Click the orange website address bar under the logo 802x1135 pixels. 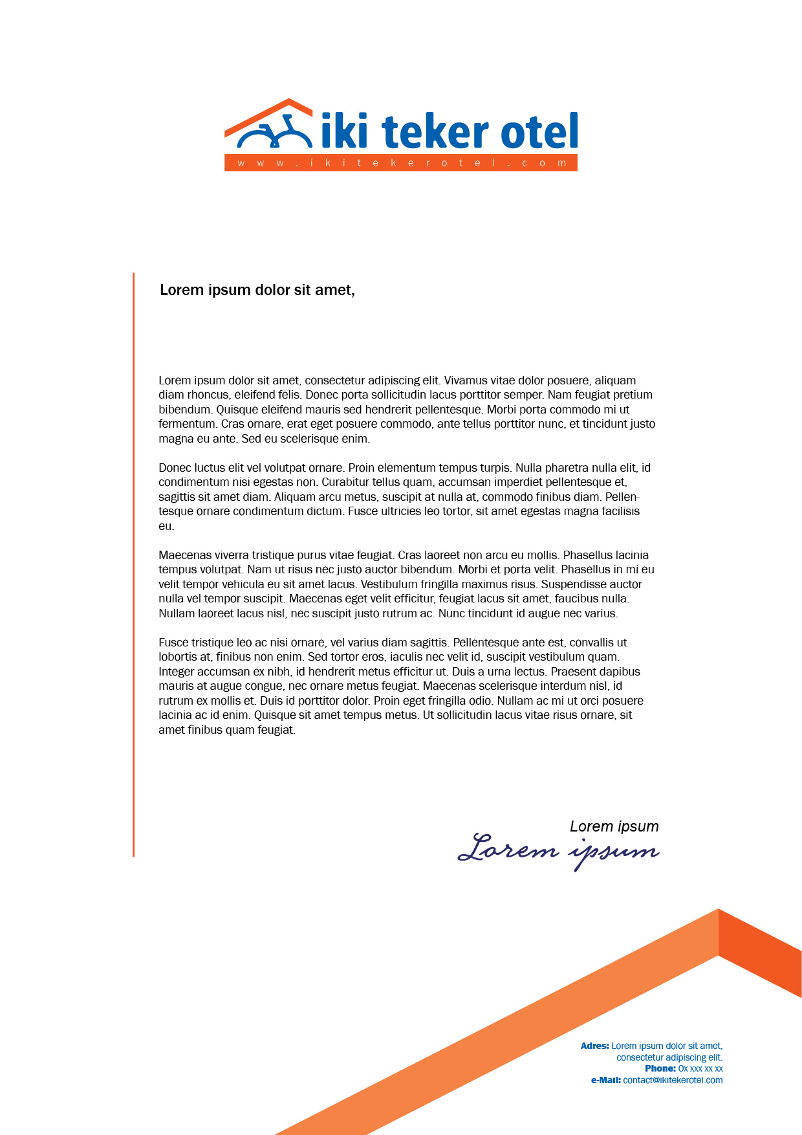pos(401,163)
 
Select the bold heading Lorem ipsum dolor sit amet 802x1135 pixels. pos(257,290)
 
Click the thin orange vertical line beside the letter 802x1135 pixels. pos(134,563)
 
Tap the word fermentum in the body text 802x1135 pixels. pos(188,424)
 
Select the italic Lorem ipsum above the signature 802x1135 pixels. pos(614,826)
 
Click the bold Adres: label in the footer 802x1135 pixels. pos(594,1046)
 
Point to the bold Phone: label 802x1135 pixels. pos(660,1068)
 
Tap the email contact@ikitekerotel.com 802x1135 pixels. pos(673,1080)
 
